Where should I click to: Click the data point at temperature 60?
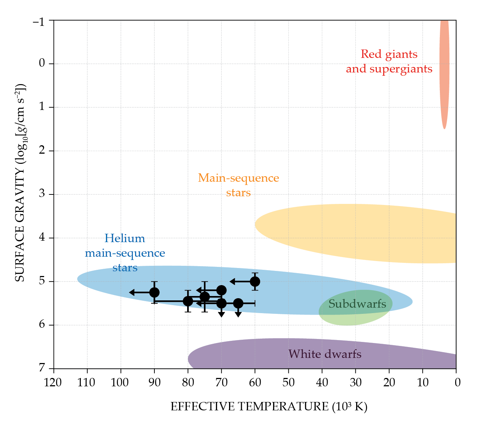tap(255, 281)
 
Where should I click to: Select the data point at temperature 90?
tap(154, 292)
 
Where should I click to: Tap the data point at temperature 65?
tap(238, 303)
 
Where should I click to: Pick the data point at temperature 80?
tap(188, 301)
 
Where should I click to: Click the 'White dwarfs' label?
tap(325, 354)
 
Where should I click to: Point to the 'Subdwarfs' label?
tap(357, 304)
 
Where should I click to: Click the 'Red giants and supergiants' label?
tap(389, 62)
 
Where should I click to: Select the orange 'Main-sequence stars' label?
tap(238, 185)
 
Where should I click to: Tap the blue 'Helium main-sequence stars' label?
tap(125, 253)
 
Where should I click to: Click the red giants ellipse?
tap(444, 73)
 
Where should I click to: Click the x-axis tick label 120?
tap(54, 382)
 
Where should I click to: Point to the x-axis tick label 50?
tap(288, 382)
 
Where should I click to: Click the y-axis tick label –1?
tap(39, 21)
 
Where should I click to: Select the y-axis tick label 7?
tap(42, 368)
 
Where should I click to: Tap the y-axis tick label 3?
tap(42, 193)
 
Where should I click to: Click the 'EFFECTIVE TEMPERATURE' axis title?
tap(269, 407)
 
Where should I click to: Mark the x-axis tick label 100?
tap(121, 382)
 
